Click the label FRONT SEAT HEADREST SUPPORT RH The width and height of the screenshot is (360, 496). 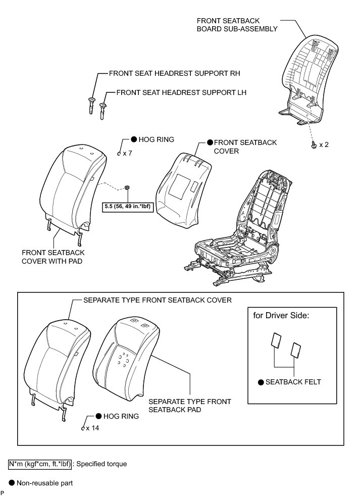click(x=174, y=73)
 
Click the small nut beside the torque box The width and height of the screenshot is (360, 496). click(x=128, y=188)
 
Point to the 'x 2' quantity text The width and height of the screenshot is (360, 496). click(x=323, y=145)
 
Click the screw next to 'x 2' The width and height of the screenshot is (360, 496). click(x=314, y=145)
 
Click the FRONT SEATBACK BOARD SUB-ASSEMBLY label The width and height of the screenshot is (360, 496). click(x=237, y=25)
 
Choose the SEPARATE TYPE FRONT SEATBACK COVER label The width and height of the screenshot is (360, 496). click(x=157, y=300)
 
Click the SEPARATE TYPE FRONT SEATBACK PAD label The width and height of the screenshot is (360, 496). click(x=189, y=406)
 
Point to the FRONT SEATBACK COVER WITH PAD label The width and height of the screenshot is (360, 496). click(x=53, y=256)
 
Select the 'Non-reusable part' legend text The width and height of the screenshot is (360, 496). click(x=44, y=483)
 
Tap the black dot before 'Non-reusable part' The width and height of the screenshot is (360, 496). click(x=12, y=483)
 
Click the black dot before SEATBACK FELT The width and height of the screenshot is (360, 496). click(x=261, y=382)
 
